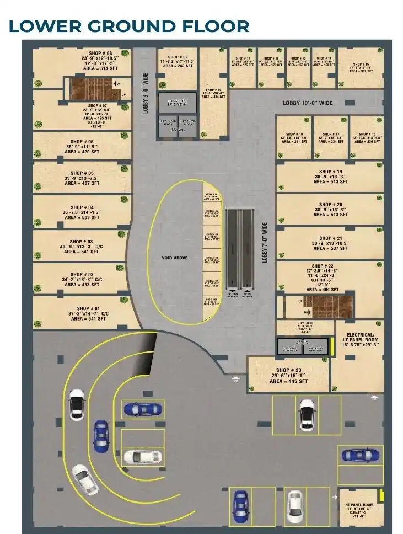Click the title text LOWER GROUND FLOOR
pos(129,26)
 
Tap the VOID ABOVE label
pos(175,258)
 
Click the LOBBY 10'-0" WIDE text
pos(308,103)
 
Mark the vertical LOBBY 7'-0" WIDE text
pos(265,243)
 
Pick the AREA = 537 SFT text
pos(330,248)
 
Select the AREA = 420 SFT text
pos(82,152)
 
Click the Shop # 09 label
pos(178,57)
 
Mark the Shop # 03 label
pos(81,242)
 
